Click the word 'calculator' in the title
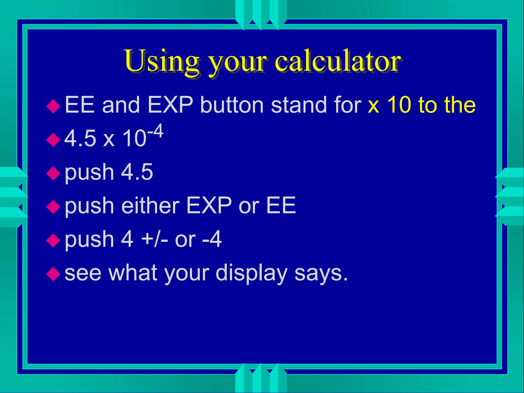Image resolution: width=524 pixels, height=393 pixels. [338, 61]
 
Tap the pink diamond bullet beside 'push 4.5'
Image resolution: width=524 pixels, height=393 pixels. [53, 173]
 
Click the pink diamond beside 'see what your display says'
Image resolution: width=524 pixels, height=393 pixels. [53, 274]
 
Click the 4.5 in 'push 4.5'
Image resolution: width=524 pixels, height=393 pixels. [137, 172]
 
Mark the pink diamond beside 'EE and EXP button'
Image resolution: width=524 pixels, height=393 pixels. [53, 106]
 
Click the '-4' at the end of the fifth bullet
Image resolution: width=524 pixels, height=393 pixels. [212, 239]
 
